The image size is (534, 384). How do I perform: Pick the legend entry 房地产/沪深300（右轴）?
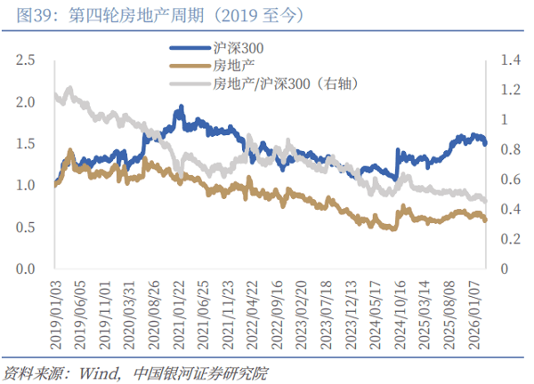click(286, 84)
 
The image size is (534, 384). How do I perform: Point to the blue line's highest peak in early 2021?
click(181, 107)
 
